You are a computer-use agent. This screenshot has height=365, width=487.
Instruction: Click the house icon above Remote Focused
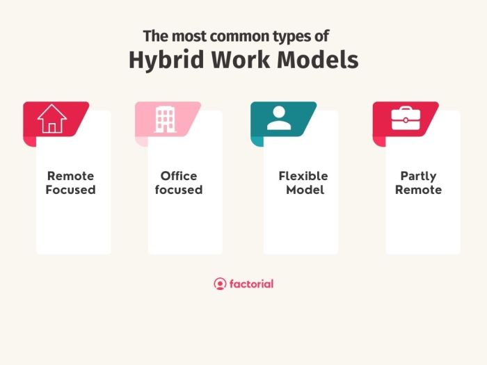[x=52, y=119]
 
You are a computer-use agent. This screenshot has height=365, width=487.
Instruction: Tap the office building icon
[x=165, y=119]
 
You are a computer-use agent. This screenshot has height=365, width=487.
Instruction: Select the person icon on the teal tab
[x=279, y=119]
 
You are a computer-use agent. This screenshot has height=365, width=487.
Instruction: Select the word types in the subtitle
[x=298, y=36]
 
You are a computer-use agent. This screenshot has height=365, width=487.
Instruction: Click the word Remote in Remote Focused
[x=70, y=176]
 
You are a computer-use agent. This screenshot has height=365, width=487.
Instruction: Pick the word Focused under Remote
[x=70, y=190]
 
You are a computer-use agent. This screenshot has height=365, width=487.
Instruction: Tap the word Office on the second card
[x=179, y=176]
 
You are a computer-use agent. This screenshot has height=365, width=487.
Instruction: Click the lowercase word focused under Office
[x=179, y=190]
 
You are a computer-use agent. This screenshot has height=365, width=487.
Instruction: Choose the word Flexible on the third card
[x=303, y=176]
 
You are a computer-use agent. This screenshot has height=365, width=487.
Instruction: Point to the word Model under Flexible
[x=305, y=190]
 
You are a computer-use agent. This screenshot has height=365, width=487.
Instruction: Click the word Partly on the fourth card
[x=418, y=177]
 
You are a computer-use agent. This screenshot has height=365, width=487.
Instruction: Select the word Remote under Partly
[x=418, y=190]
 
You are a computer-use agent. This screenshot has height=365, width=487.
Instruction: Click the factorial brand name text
[x=251, y=284]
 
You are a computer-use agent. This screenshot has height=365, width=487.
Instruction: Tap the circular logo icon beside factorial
[x=220, y=284]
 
